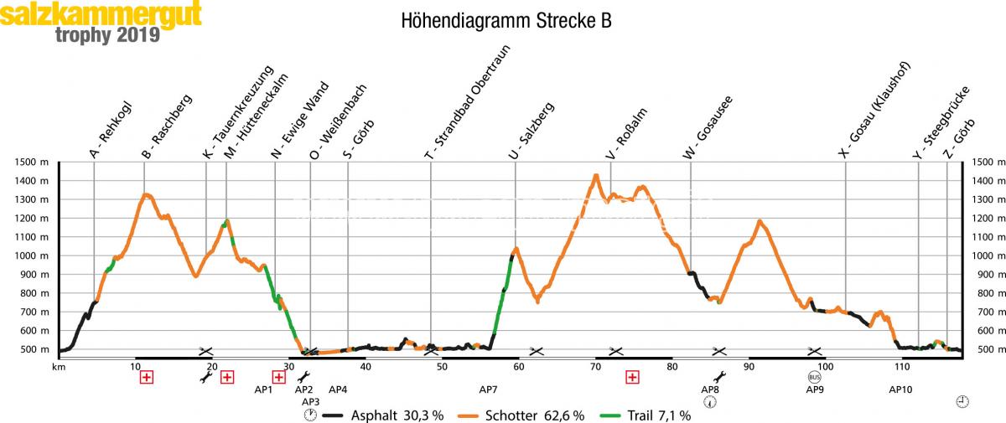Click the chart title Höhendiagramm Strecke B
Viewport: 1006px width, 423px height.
pyautogui.click(x=506, y=21)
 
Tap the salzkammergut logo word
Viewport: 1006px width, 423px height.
pyautogui.click(x=101, y=14)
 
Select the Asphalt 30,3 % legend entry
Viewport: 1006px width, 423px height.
pyautogui.click(x=384, y=415)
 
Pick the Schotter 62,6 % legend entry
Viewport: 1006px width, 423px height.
pyautogui.click(x=521, y=415)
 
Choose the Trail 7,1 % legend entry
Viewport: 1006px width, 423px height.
pyautogui.click(x=645, y=415)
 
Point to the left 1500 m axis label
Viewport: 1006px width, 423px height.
pyautogui.click(x=31, y=162)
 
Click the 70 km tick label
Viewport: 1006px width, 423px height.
pyautogui.click(x=595, y=367)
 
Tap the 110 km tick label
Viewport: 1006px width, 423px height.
pyautogui.click(x=902, y=367)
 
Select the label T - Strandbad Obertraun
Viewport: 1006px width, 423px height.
pyautogui.click(x=467, y=102)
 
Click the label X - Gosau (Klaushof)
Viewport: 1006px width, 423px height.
pyautogui.click(x=874, y=110)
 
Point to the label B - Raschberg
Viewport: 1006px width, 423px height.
pyautogui.click(x=167, y=127)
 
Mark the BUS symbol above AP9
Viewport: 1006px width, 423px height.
pyautogui.click(x=814, y=377)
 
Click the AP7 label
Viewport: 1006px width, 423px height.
pyautogui.click(x=488, y=389)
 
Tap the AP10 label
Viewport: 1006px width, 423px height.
pyautogui.click(x=900, y=389)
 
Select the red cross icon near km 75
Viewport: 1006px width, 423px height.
pyautogui.click(x=632, y=377)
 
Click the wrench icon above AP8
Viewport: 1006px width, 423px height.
pyautogui.click(x=719, y=377)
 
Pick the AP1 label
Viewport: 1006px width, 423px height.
pyautogui.click(x=263, y=389)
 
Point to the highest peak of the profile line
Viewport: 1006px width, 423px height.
pyautogui.click(x=596, y=175)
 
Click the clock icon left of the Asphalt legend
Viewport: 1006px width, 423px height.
pyautogui.click(x=310, y=415)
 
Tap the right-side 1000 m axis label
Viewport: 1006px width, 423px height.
pyautogui.click(x=988, y=255)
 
